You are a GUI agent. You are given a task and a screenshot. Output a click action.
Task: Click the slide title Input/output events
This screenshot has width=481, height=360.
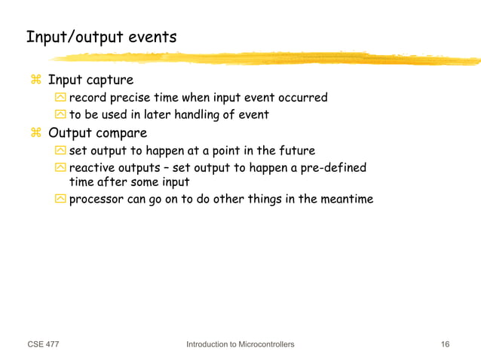pyautogui.click(x=101, y=36)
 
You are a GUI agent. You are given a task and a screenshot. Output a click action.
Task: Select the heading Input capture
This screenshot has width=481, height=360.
pyautogui.click(x=90, y=80)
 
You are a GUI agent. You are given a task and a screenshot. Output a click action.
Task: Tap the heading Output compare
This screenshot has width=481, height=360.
pyautogui.click(x=97, y=133)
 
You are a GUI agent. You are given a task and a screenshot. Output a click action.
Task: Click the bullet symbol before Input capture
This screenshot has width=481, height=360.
pyautogui.click(x=35, y=80)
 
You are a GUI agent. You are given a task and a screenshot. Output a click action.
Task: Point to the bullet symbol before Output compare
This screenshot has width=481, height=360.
pyautogui.click(x=35, y=133)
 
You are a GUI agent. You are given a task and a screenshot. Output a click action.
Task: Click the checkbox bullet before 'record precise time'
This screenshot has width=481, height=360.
pyautogui.click(x=60, y=98)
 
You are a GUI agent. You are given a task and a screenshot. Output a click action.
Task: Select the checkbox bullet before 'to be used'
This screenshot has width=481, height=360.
pyautogui.click(x=60, y=115)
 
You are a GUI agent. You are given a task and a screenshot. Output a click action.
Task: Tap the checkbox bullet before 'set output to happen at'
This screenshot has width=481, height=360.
pyautogui.click(x=60, y=151)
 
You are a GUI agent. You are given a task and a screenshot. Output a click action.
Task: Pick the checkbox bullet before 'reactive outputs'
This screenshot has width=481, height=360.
pyautogui.click(x=60, y=168)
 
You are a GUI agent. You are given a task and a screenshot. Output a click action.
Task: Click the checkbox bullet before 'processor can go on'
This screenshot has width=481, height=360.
pyautogui.click(x=60, y=200)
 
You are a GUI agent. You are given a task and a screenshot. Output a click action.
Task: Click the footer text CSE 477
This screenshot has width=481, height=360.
pyautogui.click(x=43, y=344)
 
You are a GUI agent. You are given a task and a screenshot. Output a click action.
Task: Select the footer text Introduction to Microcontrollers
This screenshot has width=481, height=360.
pyautogui.click(x=240, y=344)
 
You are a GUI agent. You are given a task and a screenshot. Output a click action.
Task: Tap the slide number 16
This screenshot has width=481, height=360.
pyautogui.click(x=445, y=344)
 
